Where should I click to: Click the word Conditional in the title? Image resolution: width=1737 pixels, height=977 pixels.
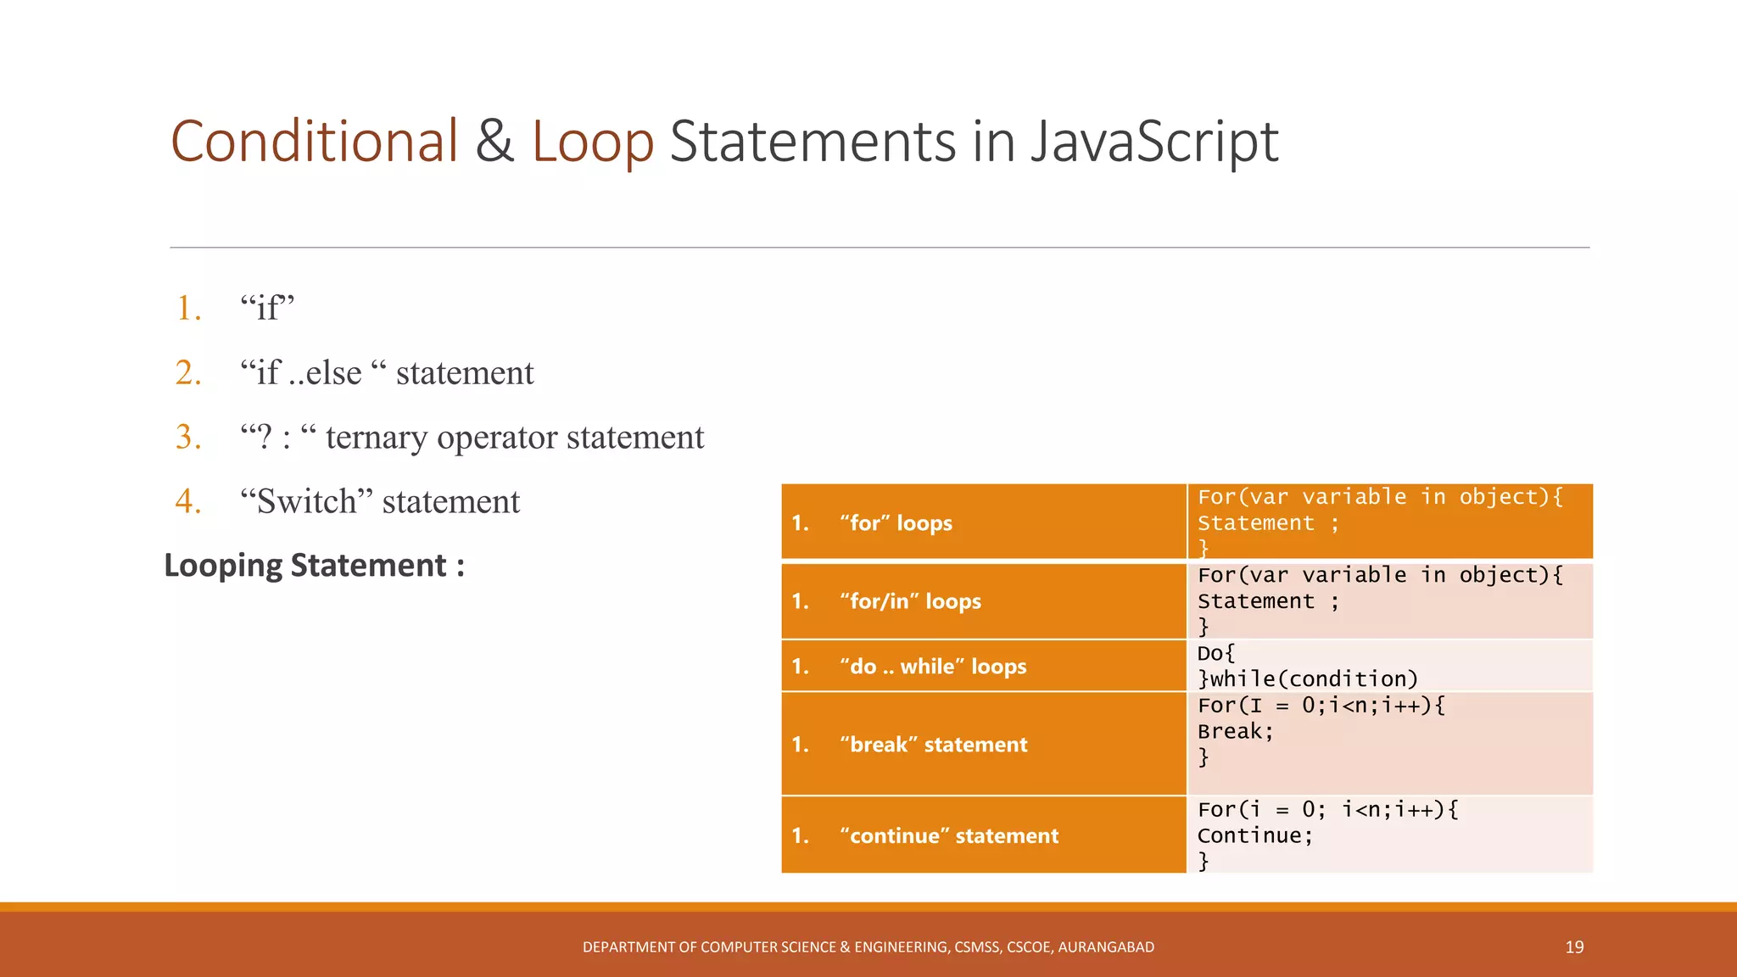[x=314, y=142]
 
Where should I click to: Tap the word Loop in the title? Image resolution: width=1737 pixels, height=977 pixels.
[x=592, y=142]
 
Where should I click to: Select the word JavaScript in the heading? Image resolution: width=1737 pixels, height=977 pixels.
[x=1153, y=142]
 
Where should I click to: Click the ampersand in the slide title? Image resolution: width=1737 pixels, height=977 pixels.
[x=494, y=142]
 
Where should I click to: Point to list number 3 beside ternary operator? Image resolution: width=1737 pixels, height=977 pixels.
[x=188, y=437]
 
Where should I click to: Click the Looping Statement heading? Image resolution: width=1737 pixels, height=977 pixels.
[x=314, y=566]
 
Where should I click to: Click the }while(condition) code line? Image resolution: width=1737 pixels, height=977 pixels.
[x=1307, y=679]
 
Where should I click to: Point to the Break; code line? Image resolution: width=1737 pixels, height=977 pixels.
[x=1235, y=731]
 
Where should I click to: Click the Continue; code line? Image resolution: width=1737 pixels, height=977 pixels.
[x=1254, y=835]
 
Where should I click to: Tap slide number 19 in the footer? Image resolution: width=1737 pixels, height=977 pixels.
[x=1574, y=947]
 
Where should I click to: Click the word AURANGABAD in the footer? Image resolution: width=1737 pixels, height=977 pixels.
[x=1106, y=947]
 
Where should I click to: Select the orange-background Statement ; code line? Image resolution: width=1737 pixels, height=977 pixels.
[x=1268, y=523]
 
